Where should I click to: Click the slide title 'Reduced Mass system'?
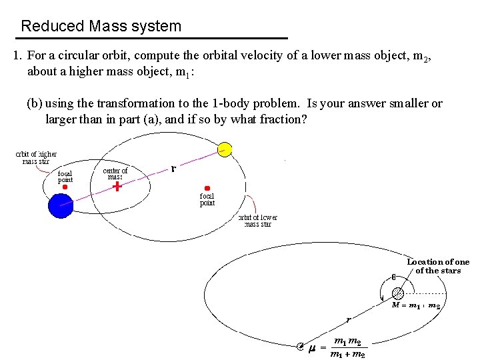click(101, 27)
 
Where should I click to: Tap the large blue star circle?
click(61, 205)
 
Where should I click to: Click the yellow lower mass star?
click(225, 149)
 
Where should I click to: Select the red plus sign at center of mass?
click(117, 187)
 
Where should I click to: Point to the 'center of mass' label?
click(115, 173)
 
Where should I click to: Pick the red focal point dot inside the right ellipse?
click(207, 188)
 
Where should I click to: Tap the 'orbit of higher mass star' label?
click(37, 157)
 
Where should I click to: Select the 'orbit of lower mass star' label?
click(258, 221)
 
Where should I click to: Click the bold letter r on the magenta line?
click(174, 169)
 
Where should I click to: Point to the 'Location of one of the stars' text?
click(438, 266)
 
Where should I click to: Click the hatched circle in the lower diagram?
click(398, 293)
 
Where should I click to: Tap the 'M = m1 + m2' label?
click(415, 305)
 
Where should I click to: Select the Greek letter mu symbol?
click(311, 347)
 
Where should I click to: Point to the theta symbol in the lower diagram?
click(394, 277)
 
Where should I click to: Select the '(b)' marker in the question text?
click(35, 103)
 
